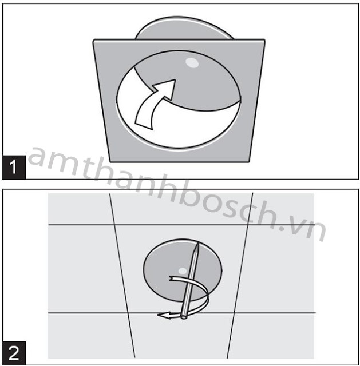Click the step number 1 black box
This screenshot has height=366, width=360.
coord(14,167)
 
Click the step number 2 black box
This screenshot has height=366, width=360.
coord(14,353)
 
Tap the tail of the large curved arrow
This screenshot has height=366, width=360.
coord(144,122)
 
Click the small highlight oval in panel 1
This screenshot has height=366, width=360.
coord(192,62)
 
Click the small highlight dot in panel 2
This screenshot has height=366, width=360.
coord(183,271)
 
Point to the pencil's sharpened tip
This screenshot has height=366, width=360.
coord(198,244)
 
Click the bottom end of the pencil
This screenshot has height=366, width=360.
coord(184,317)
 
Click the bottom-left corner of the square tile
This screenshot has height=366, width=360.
coord(110,161)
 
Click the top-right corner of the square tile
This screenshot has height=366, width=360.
coord(264,40)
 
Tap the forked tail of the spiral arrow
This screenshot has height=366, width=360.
coord(171,279)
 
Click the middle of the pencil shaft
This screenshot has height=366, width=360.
coord(191,280)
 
